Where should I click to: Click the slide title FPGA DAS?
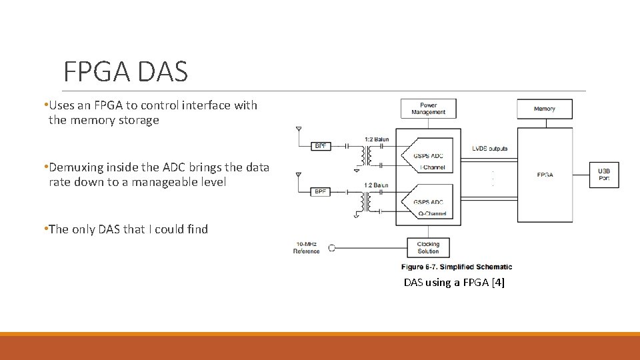(125, 71)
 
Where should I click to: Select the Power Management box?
(428, 109)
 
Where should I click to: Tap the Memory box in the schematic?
(544, 109)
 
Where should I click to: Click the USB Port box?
(603, 175)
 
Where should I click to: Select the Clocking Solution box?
(428, 247)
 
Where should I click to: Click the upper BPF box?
(321, 145)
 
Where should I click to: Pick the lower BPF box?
(321, 192)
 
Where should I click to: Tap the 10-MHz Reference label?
(306, 247)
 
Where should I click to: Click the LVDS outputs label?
(490, 148)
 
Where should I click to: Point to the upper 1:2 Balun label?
(376, 139)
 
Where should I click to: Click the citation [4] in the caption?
(497, 283)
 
